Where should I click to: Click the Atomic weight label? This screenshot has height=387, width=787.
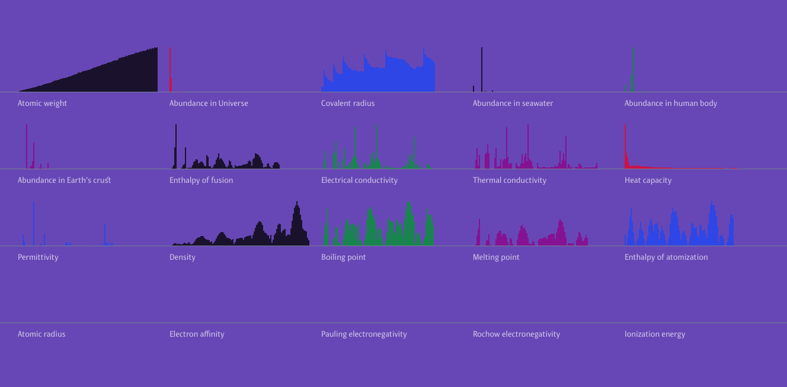[42, 103]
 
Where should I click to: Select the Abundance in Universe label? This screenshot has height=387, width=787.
[209, 103]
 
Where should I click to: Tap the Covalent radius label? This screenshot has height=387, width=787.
[348, 103]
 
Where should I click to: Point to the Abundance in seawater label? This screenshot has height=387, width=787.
[513, 103]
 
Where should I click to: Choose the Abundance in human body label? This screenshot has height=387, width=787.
[670, 103]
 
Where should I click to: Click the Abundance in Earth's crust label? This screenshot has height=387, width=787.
[64, 180]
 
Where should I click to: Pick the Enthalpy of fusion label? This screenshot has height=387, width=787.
[201, 180]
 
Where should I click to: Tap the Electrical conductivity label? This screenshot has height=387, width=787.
[359, 180]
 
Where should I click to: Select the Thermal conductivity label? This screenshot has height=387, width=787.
[509, 180]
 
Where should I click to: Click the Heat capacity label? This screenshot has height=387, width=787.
[648, 180]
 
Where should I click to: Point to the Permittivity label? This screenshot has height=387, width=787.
[38, 257]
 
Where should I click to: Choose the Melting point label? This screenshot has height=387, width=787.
[496, 257]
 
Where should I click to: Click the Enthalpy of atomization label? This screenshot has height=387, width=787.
[666, 257]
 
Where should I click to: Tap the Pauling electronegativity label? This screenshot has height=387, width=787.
[364, 334]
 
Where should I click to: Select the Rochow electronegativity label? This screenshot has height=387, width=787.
[516, 334]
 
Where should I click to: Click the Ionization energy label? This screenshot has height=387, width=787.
[654, 334]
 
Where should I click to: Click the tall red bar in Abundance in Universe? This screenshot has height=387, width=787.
[170, 68]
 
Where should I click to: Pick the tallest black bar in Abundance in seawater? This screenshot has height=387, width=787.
[482, 69]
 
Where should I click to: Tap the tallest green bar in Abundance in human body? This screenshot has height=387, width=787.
[634, 69]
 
